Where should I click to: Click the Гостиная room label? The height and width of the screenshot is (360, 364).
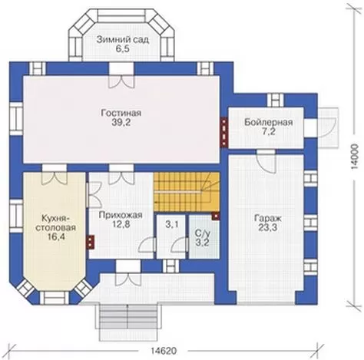pyautogui.click(x=121, y=113)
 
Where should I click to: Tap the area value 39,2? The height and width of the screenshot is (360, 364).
pyautogui.click(x=121, y=123)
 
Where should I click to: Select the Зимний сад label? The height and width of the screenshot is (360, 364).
pyautogui.click(x=123, y=40)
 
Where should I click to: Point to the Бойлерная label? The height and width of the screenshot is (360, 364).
pyautogui.click(x=268, y=122)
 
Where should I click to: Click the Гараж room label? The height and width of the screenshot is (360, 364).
pyautogui.click(x=268, y=219)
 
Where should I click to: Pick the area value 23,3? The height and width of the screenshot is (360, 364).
pyautogui.click(x=268, y=227)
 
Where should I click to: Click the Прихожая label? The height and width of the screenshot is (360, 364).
pyautogui.click(x=121, y=215)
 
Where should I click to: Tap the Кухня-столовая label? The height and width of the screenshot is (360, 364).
pyautogui.click(x=55, y=223)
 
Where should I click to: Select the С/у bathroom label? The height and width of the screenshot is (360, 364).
pyautogui.click(x=203, y=233)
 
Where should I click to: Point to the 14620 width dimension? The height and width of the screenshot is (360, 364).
pyautogui.click(x=164, y=351)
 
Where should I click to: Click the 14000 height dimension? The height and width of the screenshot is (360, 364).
pyautogui.click(x=355, y=157)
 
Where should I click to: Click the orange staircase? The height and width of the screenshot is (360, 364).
pyautogui.click(x=187, y=192)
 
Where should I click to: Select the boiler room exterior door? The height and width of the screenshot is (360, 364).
pyautogui.click(x=328, y=127)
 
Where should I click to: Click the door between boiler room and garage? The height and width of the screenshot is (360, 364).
pyautogui.click(x=266, y=161)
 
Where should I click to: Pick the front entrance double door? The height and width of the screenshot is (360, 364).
pyautogui.click(x=128, y=273)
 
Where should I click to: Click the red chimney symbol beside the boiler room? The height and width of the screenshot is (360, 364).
pyautogui.click(x=224, y=132)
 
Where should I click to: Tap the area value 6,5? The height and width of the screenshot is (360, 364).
pyautogui.click(x=122, y=49)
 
